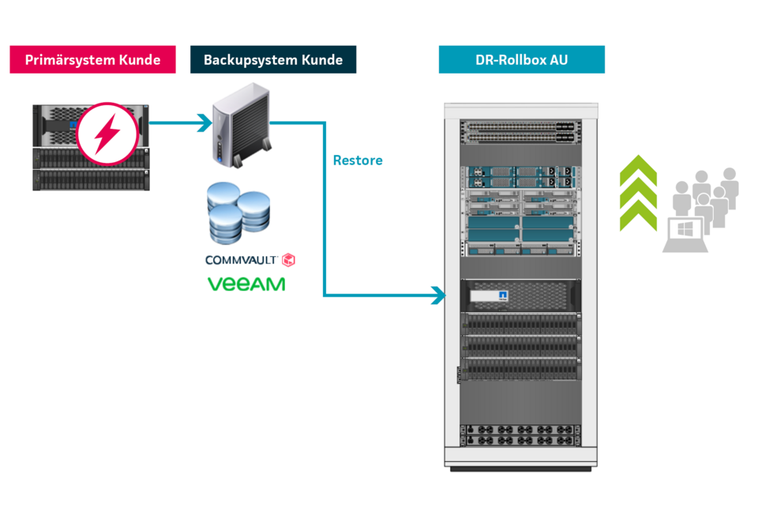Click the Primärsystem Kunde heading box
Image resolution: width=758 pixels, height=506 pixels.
pos(92,60)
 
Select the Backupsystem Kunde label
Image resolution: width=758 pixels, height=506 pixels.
pos(273,60)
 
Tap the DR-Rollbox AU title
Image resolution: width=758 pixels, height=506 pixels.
pos(521,60)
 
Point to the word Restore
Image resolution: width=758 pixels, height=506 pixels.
pos(358,160)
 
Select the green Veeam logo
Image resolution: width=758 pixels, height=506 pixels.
pos(246,284)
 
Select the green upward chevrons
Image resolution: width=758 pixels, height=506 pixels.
pos(638,193)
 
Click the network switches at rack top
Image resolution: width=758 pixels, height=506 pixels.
pos(519,131)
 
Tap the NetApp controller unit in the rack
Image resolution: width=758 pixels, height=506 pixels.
pos(519,296)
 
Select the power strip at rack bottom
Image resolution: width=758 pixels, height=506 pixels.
pos(519,435)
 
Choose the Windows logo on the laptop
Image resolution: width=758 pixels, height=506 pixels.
pos(684,230)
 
